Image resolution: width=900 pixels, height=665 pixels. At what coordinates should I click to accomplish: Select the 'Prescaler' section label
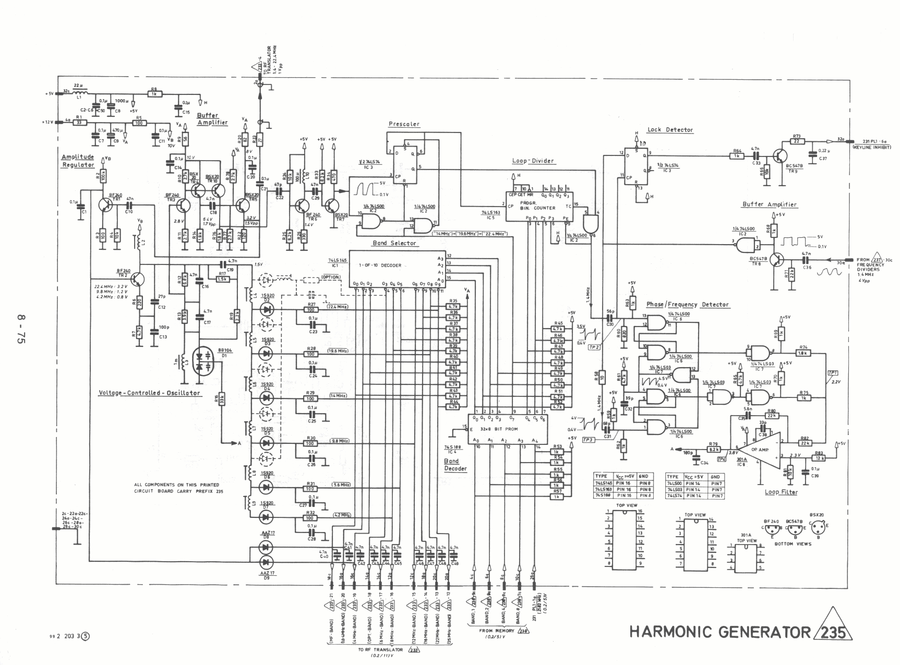click(404, 124)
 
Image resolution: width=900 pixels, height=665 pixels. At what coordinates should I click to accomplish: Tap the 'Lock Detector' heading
click(670, 130)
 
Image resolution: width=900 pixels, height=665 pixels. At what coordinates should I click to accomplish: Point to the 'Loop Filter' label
click(781, 492)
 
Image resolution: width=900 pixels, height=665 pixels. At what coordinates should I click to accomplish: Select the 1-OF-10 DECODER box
click(395, 268)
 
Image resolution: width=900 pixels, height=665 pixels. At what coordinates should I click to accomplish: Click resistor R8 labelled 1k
click(154, 94)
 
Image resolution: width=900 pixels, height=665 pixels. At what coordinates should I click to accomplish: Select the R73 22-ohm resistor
click(796, 141)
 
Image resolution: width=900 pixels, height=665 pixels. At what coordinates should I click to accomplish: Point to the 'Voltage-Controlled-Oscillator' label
click(150, 393)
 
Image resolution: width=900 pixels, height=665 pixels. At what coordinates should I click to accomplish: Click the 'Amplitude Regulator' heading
click(78, 161)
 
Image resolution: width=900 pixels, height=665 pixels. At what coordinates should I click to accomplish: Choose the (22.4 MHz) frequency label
click(337, 307)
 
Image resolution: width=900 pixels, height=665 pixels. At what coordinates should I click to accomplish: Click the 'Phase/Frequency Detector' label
click(687, 305)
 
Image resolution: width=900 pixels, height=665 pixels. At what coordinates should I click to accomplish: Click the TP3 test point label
click(588, 440)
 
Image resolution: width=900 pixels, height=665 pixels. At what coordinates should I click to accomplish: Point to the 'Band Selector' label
click(394, 243)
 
